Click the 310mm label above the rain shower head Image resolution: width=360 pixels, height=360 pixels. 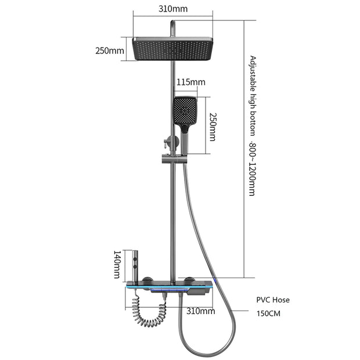tap(173, 9)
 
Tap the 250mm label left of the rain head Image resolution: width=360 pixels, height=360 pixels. tap(110, 51)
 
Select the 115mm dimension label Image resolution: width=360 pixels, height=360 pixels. tap(191, 82)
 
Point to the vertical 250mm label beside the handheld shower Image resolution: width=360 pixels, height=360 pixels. tap(213, 127)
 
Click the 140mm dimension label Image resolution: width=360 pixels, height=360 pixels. tap(117, 265)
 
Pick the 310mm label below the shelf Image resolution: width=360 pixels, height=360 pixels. tap(201, 311)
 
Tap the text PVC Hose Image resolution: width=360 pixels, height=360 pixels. tap(273, 300)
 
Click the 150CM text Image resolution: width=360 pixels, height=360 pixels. tap(268, 314)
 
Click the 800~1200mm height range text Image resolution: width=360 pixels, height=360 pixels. tap(252, 169)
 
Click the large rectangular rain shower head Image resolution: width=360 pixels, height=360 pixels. tap(172, 49)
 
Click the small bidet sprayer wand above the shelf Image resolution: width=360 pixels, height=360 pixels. tap(136, 265)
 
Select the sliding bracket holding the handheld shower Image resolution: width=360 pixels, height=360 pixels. tap(175, 159)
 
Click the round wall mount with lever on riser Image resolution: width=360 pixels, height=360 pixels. tap(171, 142)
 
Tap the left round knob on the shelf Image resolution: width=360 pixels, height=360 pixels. tap(147, 280)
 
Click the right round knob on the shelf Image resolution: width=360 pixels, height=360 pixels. tap(190, 280)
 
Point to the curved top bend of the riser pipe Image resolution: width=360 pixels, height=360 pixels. tap(172, 24)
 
